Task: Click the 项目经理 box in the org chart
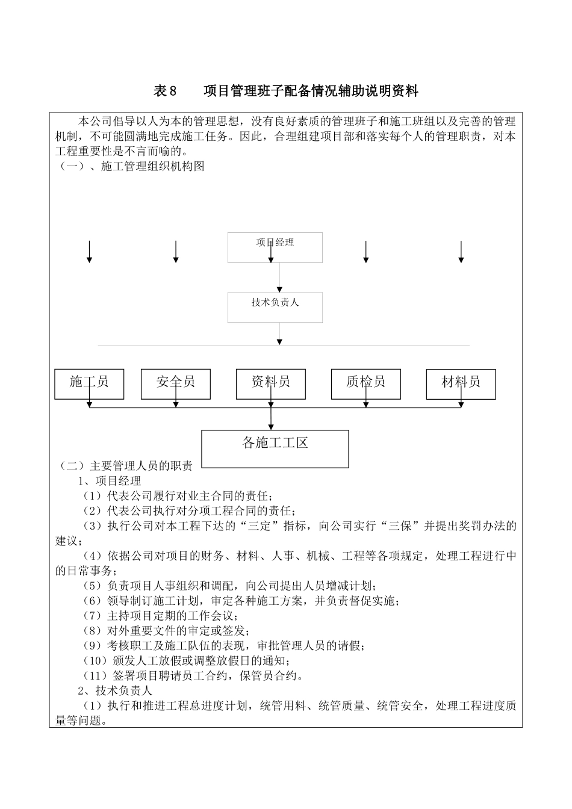pos(275,247)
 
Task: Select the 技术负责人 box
pos(275,307)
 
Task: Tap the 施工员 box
pos(89,383)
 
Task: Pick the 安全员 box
pos(175,383)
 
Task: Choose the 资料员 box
pos(271,383)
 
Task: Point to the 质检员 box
pos(365,383)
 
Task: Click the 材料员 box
pos(461,383)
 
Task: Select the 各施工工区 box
pos(275,448)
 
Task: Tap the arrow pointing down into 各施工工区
pos(271,419)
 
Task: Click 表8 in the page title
pos(166,91)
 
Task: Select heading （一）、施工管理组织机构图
pos(131,167)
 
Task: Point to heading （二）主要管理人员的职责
pos(125,466)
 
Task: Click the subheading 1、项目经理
pos(110,481)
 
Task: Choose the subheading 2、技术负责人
pos(116,690)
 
